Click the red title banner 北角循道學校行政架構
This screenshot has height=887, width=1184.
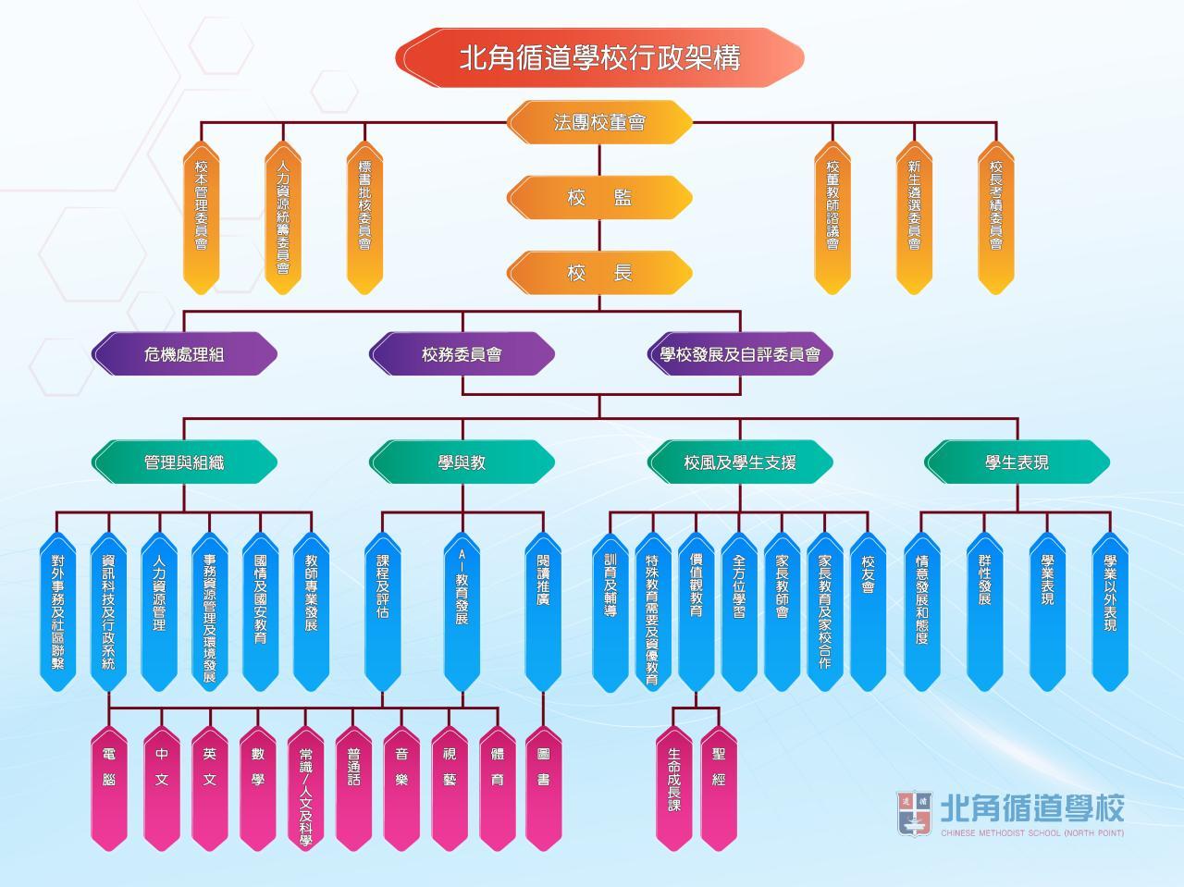pyautogui.click(x=599, y=57)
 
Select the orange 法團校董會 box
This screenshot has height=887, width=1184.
pyautogui.click(x=599, y=122)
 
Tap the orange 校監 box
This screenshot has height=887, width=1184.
pyautogui.click(x=599, y=197)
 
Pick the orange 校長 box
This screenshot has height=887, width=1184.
pyautogui.click(x=599, y=273)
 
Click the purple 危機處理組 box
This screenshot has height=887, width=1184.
pyautogui.click(x=184, y=354)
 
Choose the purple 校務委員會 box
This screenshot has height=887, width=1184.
pyautogui.click(x=462, y=354)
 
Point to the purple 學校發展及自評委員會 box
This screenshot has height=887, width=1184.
pyautogui.click(x=739, y=354)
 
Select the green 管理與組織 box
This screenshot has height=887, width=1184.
pyautogui.click(x=184, y=462)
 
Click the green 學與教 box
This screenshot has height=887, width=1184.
pyautogui.click(x=462, y=462)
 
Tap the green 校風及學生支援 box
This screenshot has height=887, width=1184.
pyautogui.click(x=739, y=462)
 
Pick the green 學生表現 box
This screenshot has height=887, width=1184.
pyautogui.click(x=1017, y=462)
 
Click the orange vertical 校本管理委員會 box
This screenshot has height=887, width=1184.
pyautogui.click(x=201, y=217)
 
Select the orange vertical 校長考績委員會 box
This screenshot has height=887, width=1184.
pyautogui.click(x=996, y=217)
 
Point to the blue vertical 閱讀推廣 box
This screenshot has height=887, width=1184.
pyautogui.click(x=543, y=610)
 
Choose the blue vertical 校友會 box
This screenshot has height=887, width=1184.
pyautogui.click(x=868, y=610)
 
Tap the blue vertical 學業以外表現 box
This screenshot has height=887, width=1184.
pyautogui.click(x=1110, y=610)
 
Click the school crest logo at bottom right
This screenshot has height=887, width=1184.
pyautogui.click(x=913, y=813)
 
